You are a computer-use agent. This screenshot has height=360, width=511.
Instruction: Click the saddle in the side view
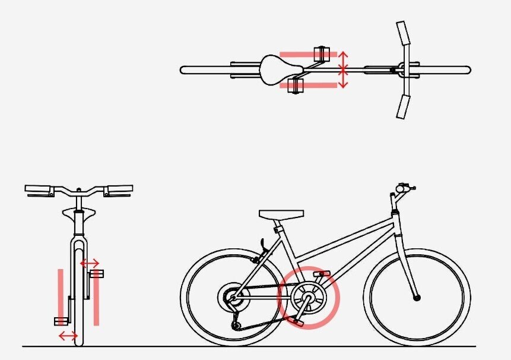[x=281, y=214]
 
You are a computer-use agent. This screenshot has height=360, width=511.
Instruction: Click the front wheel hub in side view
[x=417, y=296]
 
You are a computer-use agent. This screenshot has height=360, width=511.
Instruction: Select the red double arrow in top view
[x=342, y=70]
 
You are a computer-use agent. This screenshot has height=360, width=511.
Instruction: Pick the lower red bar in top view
[x=309, y=86]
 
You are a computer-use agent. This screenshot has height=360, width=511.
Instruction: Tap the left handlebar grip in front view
[x=39, y=190]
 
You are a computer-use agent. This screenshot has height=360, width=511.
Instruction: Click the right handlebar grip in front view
[x=118, y=190]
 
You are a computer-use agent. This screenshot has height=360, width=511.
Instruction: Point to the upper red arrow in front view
[x=90, y=262]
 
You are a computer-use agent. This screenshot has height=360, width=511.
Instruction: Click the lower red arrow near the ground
[x=68, y=336]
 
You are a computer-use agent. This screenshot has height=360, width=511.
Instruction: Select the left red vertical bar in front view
[x=60, y=294]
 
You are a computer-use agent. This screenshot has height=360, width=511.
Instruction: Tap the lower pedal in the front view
[x=61, y=321]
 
